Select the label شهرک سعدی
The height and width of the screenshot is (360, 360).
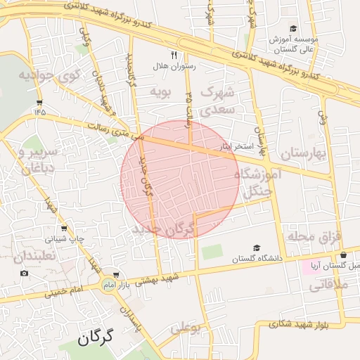click(x=217, y=101)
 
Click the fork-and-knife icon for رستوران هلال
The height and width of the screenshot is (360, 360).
click(x=174, y=54)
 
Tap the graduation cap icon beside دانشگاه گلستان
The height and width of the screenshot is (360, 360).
click(x=256, y=247)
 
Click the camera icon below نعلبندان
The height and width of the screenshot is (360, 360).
click(x=25, y=273)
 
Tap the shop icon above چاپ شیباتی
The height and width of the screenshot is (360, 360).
click(x=65, y=229)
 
